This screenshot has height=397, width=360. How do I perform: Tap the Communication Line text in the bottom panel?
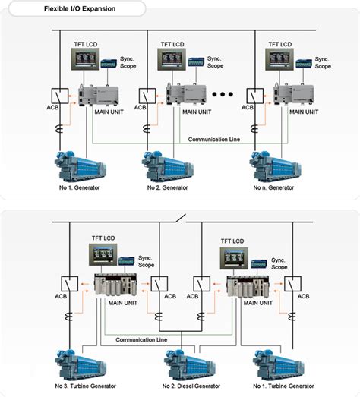click(144, 339)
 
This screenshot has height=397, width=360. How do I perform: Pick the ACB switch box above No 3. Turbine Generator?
click(64, 283)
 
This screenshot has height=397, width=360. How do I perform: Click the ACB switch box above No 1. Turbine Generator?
click(292, 283)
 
